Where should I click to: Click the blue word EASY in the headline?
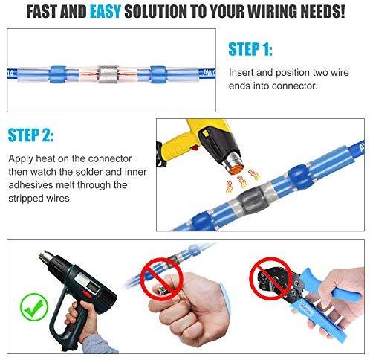[105, 11]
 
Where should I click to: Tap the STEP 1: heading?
[250, 49]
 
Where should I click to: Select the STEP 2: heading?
[30, 135]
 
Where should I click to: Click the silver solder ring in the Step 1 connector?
[108, 74]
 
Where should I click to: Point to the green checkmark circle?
[34, 306]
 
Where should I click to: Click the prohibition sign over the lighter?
[161, 279]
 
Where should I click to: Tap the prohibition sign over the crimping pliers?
[270, 278]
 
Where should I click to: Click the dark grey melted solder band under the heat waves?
[250, 199]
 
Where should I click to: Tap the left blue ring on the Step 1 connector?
[57, 74]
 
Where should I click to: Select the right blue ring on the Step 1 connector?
[158, 74]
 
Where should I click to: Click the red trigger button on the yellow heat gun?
[195, 148]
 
